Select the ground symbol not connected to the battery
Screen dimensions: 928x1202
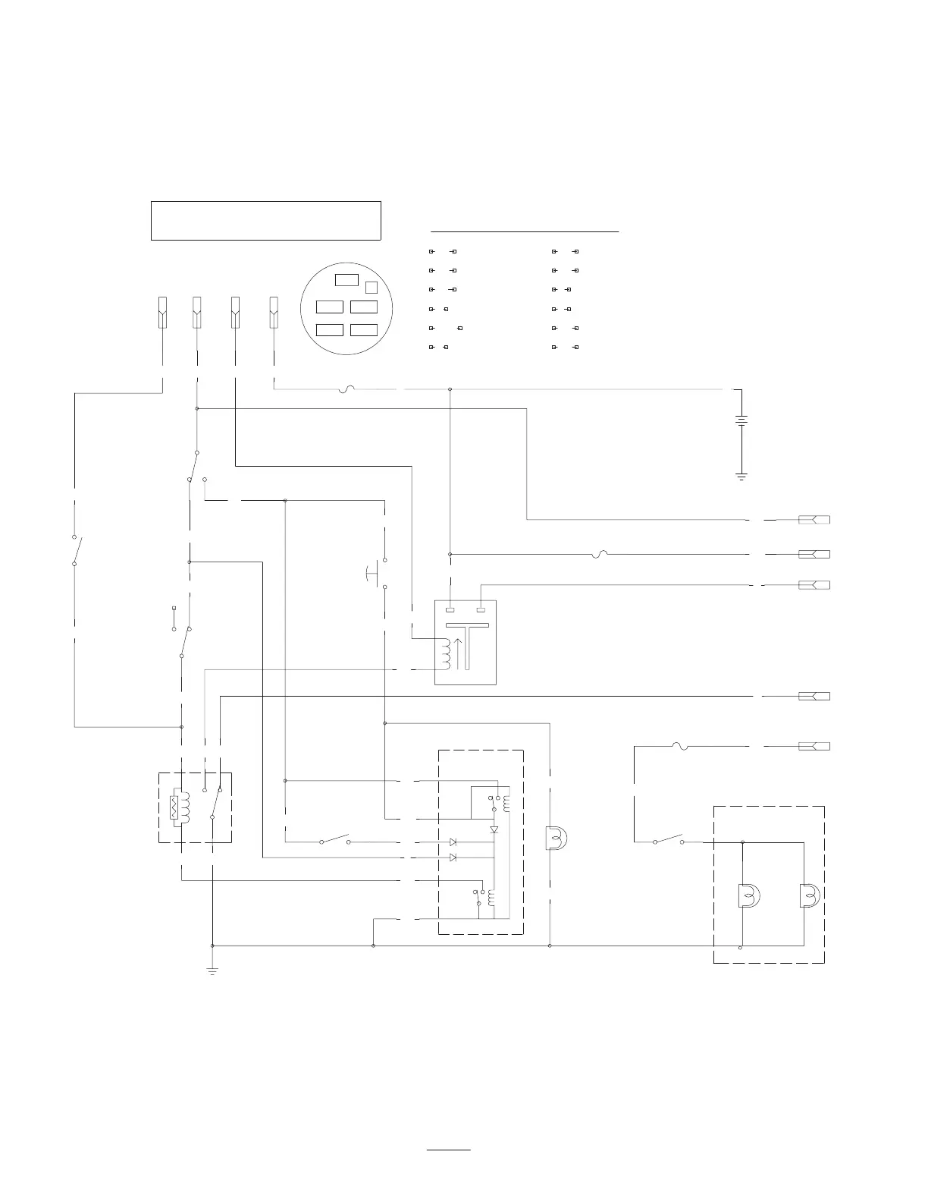click(x=212, y=971)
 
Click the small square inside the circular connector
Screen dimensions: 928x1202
click(x=372, y=287)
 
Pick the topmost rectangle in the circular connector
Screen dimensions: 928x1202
click(x=346, y=279)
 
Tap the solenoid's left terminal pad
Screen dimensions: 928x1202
click(x=450, y=609)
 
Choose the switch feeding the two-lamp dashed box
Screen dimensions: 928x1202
click(x=668, y=840)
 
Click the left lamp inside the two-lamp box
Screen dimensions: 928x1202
click(x=748, y=896)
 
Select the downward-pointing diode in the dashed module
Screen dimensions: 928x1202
click(x=494, y=829)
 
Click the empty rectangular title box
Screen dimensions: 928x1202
click(x=265, y=221)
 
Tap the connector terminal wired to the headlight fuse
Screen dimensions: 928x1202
click(x=814, y=747)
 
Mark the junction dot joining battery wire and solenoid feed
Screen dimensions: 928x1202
click(x=450, y=390)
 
